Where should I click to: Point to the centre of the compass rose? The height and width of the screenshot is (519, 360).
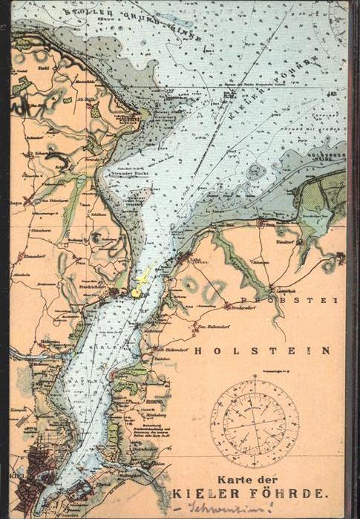tap(255, 422)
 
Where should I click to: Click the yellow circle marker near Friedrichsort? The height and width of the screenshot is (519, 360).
tap(137, 293)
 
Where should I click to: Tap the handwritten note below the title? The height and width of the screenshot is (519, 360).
tap(229, 509)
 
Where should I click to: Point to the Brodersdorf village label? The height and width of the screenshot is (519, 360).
tap(242, 306)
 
